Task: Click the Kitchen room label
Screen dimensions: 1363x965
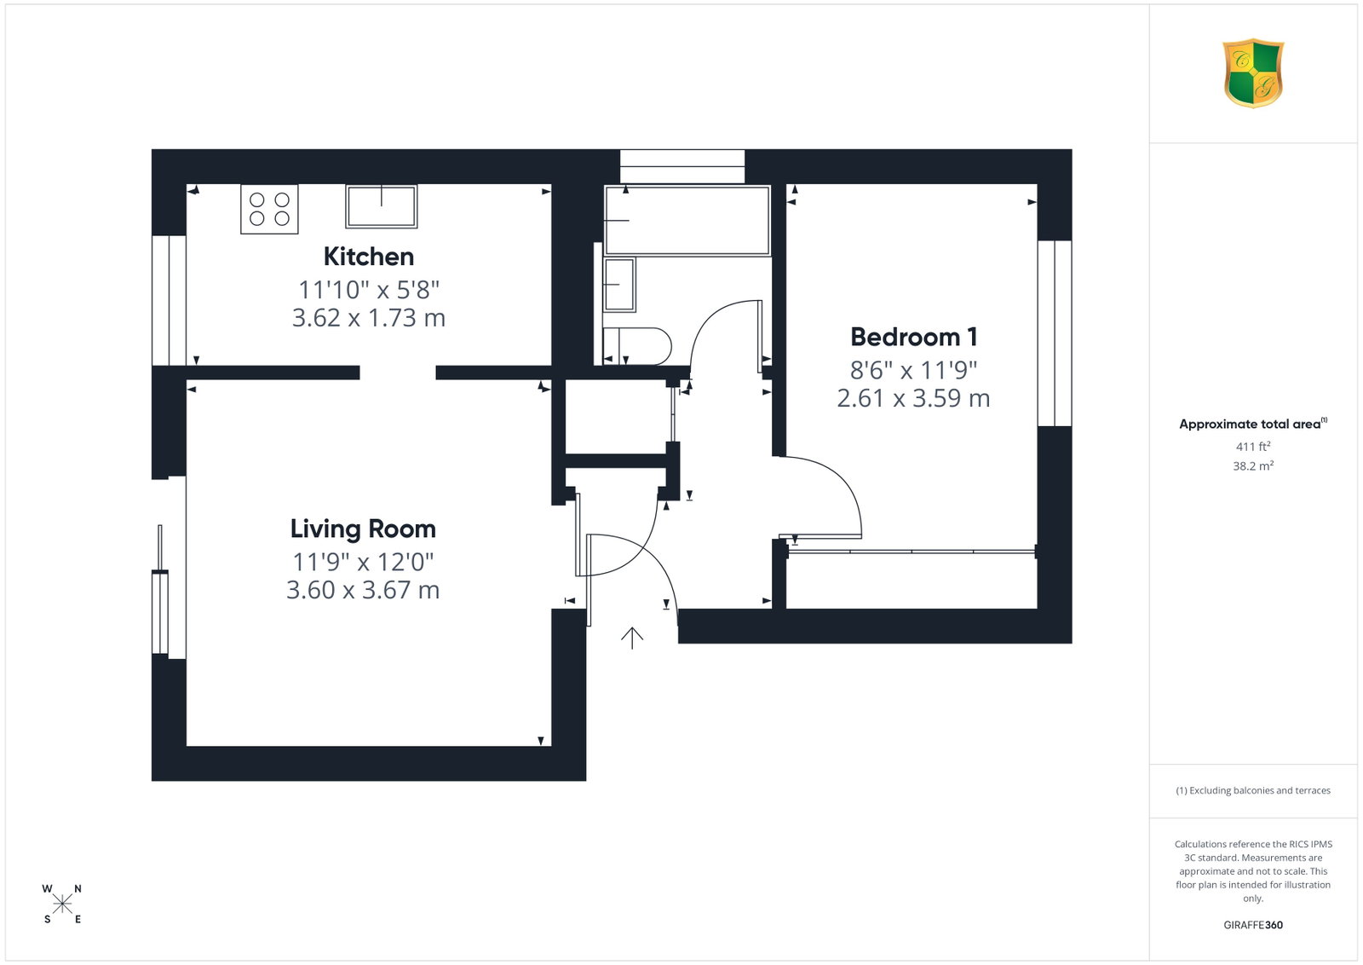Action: click(369, 257)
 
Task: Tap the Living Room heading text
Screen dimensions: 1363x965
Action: click(363, 529)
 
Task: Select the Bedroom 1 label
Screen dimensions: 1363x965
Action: click(914, 337)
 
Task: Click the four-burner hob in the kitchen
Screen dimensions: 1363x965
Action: click(269, 209)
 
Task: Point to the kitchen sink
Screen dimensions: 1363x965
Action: click(382, 206)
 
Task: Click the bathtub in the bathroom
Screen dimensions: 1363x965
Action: click(687, 220)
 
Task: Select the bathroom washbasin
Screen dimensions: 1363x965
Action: click(619, 285)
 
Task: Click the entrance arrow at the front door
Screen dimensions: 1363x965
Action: click(632, 638)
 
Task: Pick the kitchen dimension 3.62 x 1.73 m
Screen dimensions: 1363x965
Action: click(369, 318)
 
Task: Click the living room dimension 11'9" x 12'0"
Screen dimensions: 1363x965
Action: click(363, 562)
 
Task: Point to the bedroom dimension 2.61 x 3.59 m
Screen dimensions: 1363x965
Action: click(914, 398)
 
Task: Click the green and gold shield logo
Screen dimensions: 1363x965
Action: click(1253, 73)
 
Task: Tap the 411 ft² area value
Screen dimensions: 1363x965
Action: click(1253, 447)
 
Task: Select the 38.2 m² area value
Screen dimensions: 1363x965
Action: click(1253, 465)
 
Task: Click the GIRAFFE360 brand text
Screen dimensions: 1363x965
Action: click(1253, 925)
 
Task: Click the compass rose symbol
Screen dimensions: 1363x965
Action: click(62, 904)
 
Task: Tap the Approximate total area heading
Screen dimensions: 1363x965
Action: click(1253, 424)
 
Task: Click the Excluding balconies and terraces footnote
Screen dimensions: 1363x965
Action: click(1253, 790)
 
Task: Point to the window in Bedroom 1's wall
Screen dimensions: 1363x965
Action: click(1055, 333)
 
